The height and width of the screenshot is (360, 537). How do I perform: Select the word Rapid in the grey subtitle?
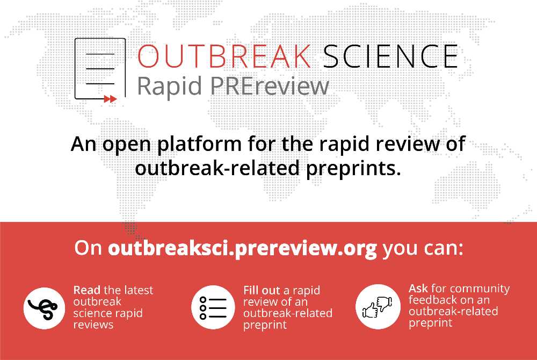click(170, 87)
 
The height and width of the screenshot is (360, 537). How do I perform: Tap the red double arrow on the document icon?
click(110, 99)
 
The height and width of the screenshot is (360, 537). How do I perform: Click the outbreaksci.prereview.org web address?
click(243, 248)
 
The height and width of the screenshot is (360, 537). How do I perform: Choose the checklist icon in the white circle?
click(213, 308)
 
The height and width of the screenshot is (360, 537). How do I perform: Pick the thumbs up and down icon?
click(377, 307)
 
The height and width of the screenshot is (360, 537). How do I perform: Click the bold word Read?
click(87, 290)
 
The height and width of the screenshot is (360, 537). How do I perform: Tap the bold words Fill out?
click(262, 291)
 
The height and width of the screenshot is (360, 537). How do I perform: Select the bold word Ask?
click(418, 289)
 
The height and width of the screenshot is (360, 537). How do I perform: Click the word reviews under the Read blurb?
click(93, 325)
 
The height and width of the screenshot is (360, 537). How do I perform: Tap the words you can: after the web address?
click(423, 249)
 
